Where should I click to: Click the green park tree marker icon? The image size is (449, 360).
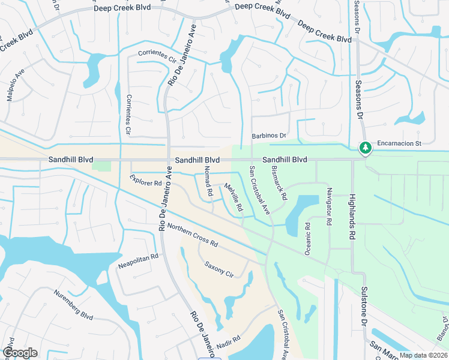click(364, 147)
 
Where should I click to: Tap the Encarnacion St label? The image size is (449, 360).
click(400, 144)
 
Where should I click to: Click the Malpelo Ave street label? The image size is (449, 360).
click(16, 84)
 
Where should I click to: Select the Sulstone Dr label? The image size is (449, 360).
click(364, 306)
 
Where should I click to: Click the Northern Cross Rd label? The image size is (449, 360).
click(192, 235)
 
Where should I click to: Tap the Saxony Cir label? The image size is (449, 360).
click(218, 268)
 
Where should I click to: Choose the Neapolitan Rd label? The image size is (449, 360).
click(137, 260)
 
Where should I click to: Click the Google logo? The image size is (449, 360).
click(20, 353)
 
